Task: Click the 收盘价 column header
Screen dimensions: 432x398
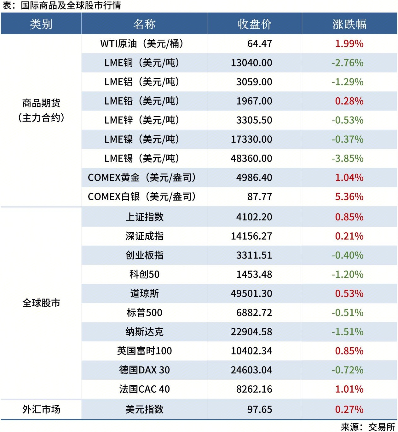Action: pos(255,24)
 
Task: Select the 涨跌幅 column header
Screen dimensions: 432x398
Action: pos(349,24)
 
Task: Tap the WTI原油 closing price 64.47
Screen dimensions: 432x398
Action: pos(260,44)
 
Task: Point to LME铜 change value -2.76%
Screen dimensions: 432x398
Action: pos(348,63)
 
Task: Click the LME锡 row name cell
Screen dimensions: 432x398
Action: pos(142,158)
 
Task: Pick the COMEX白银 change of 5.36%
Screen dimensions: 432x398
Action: pos(349,197)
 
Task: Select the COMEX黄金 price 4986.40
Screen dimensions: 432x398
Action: pos(254,178)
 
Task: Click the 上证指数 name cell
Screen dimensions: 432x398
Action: pos(144,217)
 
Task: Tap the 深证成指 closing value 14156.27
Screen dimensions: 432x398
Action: pos(251,236)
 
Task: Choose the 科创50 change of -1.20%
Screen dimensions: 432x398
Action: pos(348,275)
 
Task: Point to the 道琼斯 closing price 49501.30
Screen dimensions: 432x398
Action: pos(251,293)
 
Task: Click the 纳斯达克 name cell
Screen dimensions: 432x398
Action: pos(144,332)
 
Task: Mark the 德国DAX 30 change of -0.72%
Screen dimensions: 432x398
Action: pos(348,370)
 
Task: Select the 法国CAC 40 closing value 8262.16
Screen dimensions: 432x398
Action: pos(254,389)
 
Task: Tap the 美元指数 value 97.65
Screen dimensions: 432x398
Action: pos(260,409)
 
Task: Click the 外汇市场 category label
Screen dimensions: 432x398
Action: pos(41,409)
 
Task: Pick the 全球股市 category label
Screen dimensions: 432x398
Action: pos(41,303)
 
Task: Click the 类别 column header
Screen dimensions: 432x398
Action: pos(41,24)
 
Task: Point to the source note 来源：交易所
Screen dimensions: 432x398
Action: pos(368,427)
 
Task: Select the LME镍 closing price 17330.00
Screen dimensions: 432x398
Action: pos(251,139)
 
